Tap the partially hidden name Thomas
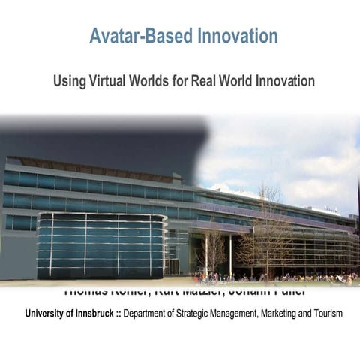pyautogui.click(x=88, y=290)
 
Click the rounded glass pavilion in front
pyautogui.click(x=102, y=244)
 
